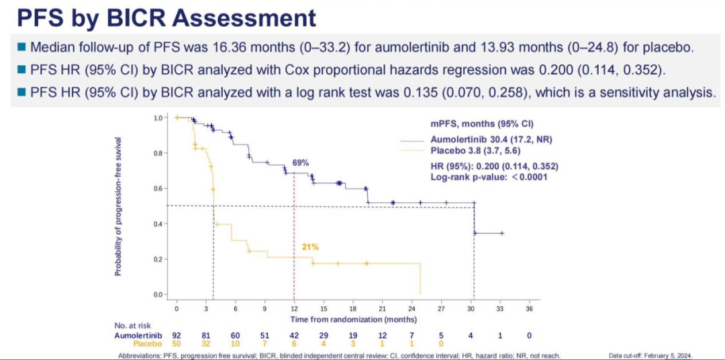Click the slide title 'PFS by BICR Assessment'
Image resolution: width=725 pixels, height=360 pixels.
click(162, 17)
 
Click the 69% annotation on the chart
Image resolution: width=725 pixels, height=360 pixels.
click(300, 163)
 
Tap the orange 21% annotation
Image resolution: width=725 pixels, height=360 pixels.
click(309, 247)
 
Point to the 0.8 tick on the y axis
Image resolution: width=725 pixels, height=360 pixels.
click(158, 152)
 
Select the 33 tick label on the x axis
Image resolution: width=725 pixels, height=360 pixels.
click(500, 309)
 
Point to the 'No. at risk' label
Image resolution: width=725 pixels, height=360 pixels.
click(135, 326)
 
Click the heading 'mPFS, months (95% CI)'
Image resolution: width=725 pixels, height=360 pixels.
click(478, 124)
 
